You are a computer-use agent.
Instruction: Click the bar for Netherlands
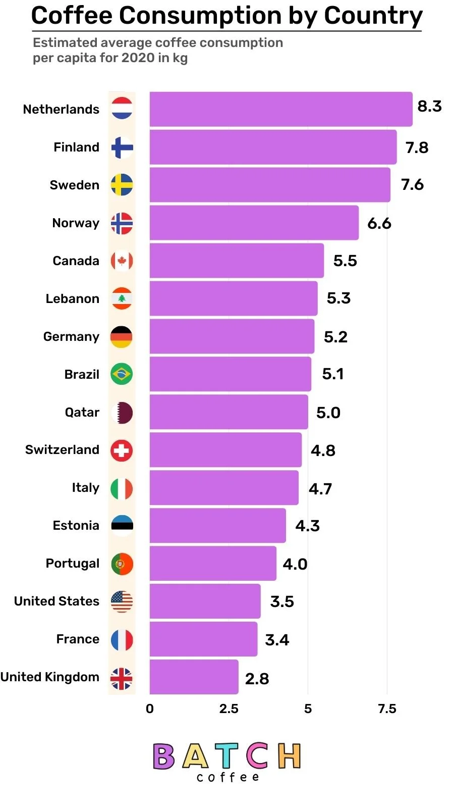pyautogui.click(x=280, y=109)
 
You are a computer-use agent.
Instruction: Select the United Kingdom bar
pyautogui.click(x=194, y=677)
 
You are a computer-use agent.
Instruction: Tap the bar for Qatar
pyautogui.click(x=229, y=412)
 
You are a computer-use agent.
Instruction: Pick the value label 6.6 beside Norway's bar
pyautogui.click(x=379, y=223)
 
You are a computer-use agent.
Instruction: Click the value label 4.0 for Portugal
pyautogui.click(x=295, y=564)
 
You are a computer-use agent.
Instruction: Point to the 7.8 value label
pyautogui.click(x=417, y=147)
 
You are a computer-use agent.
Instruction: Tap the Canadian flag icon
pyautogui.click(x=122, y=261)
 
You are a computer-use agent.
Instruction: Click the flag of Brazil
pyautogui.click(x=122, y=374)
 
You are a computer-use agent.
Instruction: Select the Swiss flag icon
pyautogui.click(x=122, y=450)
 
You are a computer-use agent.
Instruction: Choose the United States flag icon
pyautogui.click(x=122, y=601)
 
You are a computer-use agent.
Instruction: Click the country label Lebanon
pyautogui.click(x=72, y=298)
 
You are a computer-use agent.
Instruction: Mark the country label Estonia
pyautogui.click(x=76, y=525)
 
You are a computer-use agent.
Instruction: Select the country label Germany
pyautogui.click(x=71, y=336)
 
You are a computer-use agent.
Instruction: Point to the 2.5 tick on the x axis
pyautogui.click(x=229, y=709)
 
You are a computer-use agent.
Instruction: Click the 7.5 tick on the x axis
pyautogui.click(x=387, y=709)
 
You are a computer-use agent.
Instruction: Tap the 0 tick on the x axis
pyautogui.click(x=150, y=709)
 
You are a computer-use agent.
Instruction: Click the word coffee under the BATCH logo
pyautogui.click(x=228, y=777)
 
